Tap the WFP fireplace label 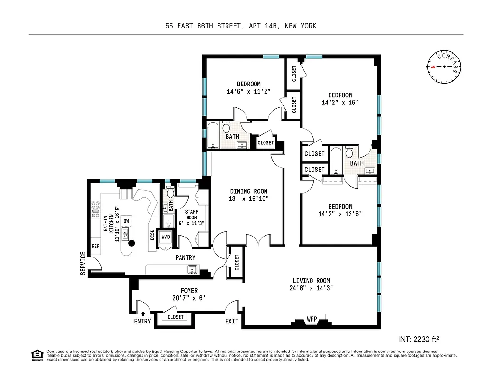(x=312, y=318)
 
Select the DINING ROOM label (x=249, y=191)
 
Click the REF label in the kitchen (x=95, y=246)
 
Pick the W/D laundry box (x=166, y=237)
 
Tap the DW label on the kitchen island (x=127, y=221)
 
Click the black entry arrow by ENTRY (x=143, y=313)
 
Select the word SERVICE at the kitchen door (x=83, y=263)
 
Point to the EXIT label (x=232, y=322)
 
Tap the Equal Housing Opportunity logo (x=36, y=354)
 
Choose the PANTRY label (x=185, y=258)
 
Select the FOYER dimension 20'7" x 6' (x=189, y=298)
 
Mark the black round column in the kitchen (x=132, y=243)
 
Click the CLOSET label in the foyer (x=175, y=317)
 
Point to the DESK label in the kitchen (x=152, y=235)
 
